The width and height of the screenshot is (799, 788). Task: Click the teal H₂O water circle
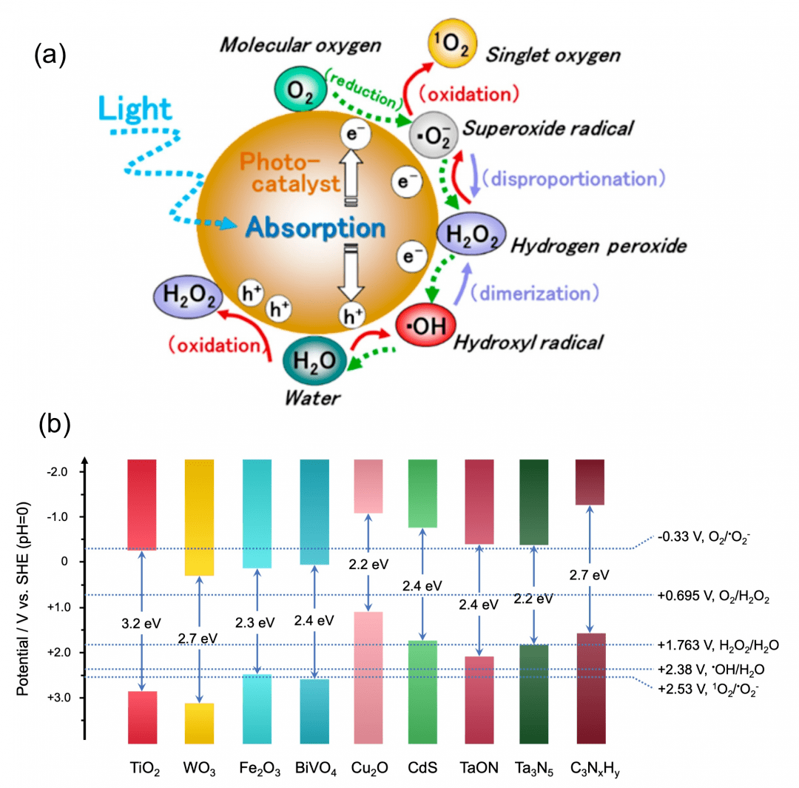(x=311, y=360)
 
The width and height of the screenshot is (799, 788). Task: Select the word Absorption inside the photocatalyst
(x=316, y=226)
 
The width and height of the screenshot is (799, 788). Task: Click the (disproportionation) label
(x=568, y=179)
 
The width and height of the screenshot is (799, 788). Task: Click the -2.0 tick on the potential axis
(x=64, y=471)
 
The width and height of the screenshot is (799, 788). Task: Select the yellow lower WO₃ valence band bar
(x=198, y=722)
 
